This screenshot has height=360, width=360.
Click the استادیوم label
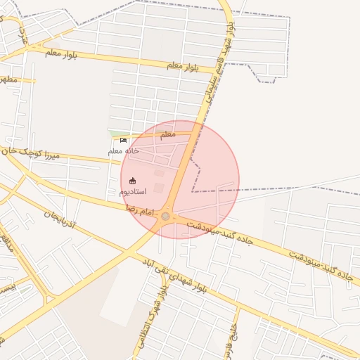pyautogui.click(x=133, y=191)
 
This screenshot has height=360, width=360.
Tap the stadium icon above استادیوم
pyautogui.click(x=133, y=181)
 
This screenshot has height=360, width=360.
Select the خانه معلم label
pyautogui.click(x=123, y=150)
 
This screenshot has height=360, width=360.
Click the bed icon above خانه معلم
pyautogui.click(x=124, y=140)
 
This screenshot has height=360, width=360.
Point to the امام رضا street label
pyautogui.click(x=140, y=209)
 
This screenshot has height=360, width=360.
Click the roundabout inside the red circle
pyautogui.click(x=166, y=216)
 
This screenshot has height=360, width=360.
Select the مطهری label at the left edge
pyautogui.click(x=8, y=79)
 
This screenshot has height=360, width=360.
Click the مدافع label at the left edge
pyautogui.click(x=7, y=243)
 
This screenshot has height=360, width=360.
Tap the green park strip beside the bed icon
pyautogui.click(x=112, y=134)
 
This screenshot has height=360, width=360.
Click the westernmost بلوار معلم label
pyautogui.click(x=63, y=52)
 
